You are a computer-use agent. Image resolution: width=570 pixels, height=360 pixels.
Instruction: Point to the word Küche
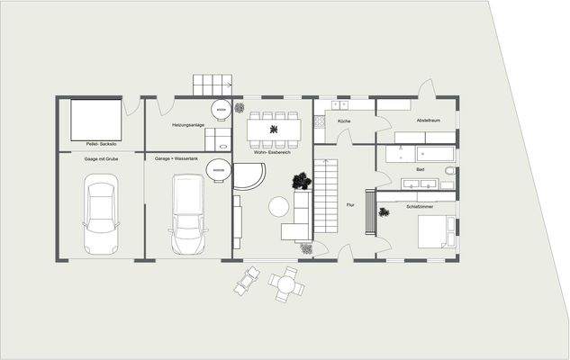point(344,121)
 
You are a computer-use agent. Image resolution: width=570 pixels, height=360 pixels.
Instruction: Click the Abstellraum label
point(429,121)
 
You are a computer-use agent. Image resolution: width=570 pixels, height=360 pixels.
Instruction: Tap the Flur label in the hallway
point(350,206)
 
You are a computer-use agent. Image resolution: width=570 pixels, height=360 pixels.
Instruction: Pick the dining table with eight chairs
point(273,130)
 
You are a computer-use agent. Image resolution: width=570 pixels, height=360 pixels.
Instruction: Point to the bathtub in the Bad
point(419,154)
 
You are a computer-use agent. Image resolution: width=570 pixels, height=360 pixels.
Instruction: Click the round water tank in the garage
point(217,169)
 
